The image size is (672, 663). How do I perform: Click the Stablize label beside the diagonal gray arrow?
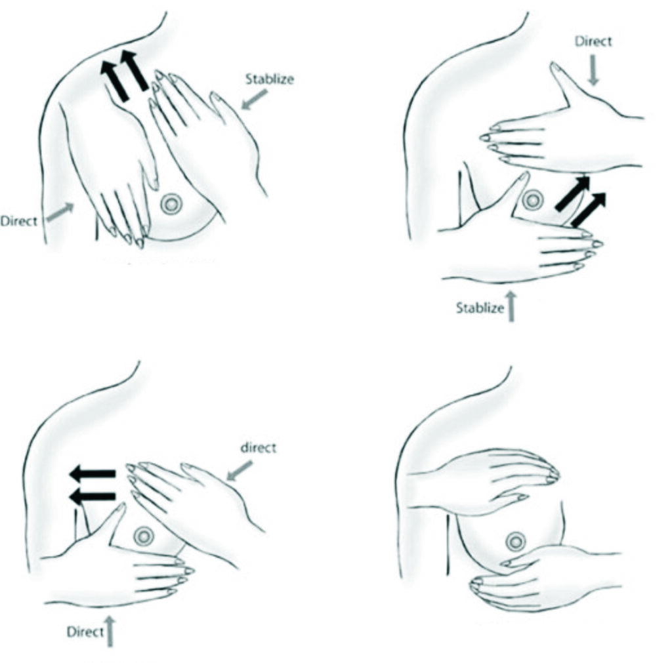point(270,79)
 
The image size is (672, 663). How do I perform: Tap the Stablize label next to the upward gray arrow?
point(480,308)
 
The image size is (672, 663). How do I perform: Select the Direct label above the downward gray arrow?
point(593,41)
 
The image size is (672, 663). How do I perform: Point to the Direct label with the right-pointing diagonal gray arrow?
point(19,221)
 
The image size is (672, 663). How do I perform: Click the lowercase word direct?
point(258,448)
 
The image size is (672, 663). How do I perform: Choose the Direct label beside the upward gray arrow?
point(85,632)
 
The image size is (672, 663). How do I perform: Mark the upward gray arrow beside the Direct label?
point(110,632)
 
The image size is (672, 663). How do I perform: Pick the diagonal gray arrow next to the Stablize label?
point(255,99)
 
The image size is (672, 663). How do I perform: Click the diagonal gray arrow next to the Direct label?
point(60,212)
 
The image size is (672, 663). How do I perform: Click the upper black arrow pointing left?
point(93,473)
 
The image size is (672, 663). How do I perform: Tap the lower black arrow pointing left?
point(93,496)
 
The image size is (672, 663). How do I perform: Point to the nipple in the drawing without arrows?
point(516,542)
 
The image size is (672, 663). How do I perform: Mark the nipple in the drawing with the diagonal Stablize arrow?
point(171,205)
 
